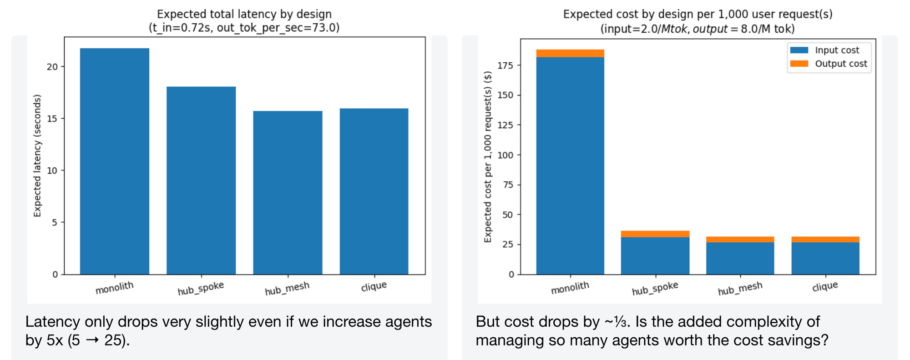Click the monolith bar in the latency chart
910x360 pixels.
click(x=115, y=161)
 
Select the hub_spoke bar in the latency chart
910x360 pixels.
click(x=201, y=180)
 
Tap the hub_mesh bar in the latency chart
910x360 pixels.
click(x=288, y=193)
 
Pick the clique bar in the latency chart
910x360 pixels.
click(x=374, y=191)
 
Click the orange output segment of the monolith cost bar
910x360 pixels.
click(x=570, y=53)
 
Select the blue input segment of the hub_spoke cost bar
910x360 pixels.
click(x=655, y=255)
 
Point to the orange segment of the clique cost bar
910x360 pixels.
click(x=825, y=240)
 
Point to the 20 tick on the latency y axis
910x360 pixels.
click(x=52, y=67)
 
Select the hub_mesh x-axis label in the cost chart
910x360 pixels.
click(x=740, y=288)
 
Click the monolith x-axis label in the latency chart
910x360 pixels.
click(x=115, y=287)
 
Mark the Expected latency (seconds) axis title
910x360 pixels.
click(x=37, y=155)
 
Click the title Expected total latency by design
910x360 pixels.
click(x=244, y=14)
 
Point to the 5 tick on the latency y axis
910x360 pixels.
click(x=55, y=223)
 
